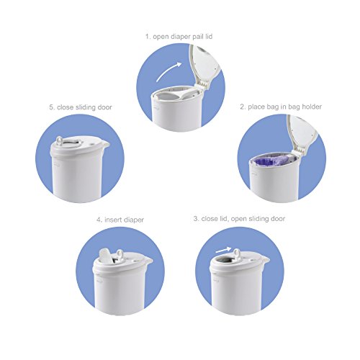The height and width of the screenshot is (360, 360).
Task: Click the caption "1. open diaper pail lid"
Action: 179,37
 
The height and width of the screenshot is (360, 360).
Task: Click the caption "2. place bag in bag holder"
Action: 281,107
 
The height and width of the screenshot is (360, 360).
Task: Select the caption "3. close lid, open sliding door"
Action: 239,219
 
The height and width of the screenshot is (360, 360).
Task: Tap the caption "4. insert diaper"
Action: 120,220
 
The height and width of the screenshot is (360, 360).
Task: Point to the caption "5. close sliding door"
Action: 81,107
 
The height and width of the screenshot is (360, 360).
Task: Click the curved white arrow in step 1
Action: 168,71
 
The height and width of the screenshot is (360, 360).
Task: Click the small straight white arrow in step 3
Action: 224,250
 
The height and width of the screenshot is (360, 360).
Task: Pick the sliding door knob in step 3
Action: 237,253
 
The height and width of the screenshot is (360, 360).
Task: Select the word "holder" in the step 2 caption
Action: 312,107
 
